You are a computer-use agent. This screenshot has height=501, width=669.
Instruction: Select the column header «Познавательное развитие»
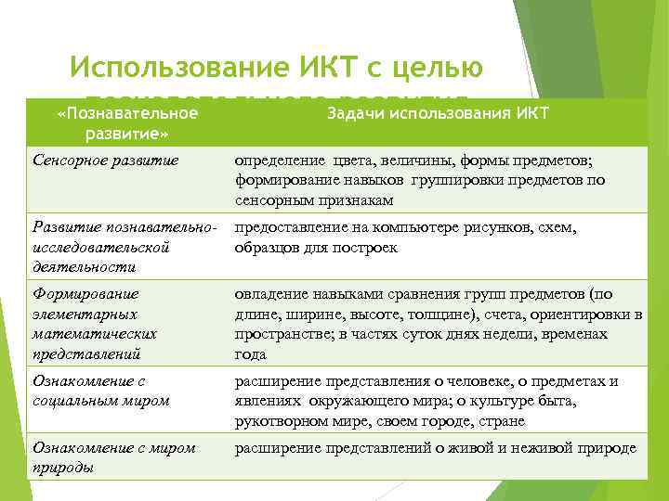126,122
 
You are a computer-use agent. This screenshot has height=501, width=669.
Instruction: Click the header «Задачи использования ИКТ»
438,113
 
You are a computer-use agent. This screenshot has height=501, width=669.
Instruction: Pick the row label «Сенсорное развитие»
104,161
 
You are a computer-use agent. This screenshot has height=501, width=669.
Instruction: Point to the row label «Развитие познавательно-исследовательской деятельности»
125,247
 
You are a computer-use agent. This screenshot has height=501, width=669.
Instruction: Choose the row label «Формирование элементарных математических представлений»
95,324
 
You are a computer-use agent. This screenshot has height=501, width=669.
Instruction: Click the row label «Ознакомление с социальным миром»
101,391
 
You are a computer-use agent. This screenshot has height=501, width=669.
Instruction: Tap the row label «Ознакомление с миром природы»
114,456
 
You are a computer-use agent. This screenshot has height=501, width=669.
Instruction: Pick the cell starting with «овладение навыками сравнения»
438,324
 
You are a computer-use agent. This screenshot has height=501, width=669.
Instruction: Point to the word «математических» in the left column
95,333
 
